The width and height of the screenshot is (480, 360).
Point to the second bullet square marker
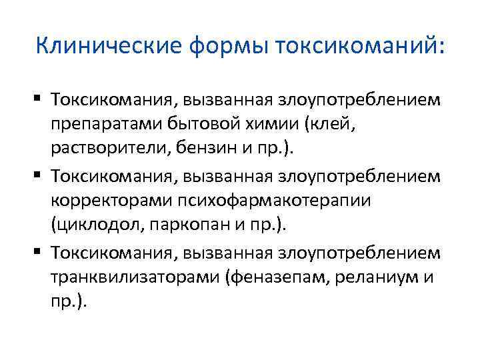tap(41, 175)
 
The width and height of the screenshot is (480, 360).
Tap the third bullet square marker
tap(41, 251)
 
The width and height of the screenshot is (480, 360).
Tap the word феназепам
tap(273, 277)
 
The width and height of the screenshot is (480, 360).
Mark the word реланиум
tap(374, 277)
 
